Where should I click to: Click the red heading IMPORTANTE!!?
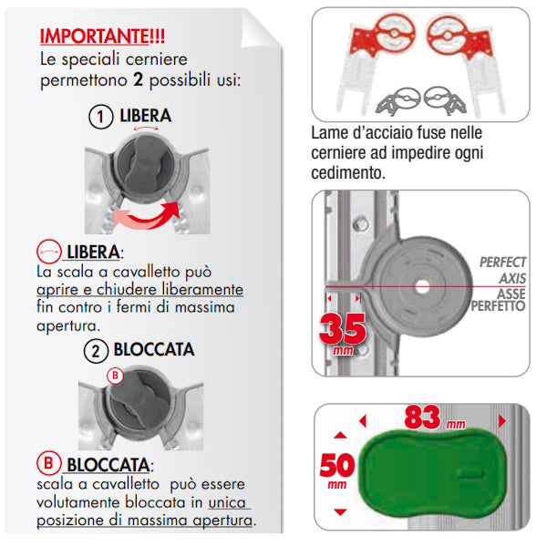point(102,36)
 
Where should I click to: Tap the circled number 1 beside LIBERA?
point(100,117)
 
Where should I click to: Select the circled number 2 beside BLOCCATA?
point(96,351)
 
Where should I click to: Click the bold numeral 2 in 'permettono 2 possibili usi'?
point(139,80)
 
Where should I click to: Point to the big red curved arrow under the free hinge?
point(149,216)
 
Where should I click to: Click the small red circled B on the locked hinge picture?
point(115,376)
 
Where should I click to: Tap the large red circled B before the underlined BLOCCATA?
point(49,463)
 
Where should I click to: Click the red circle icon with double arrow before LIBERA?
point(49,252)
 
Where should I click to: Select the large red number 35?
point(343,328)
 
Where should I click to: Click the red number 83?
point(422,418)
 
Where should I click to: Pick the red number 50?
point(337,465)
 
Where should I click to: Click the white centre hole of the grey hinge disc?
point(422,287)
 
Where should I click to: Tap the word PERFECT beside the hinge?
point(502,263)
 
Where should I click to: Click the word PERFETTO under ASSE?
point(498,306)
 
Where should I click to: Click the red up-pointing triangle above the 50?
point(340,435)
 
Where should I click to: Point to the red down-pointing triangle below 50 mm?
point(340,512)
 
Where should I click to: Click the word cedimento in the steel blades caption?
point(348,172)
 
